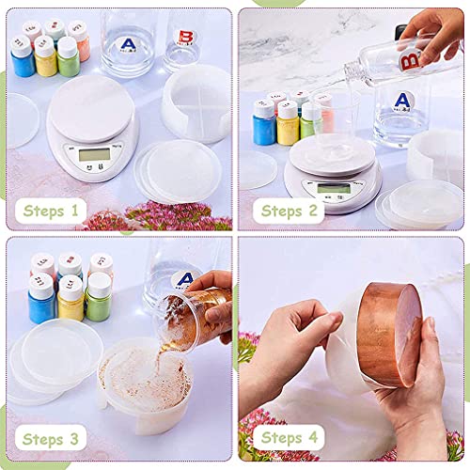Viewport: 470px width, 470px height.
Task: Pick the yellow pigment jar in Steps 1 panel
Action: pyautogui.click(x=44, y=60)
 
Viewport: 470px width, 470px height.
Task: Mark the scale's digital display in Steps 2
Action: pyautogui.click(x=329, y=187)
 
